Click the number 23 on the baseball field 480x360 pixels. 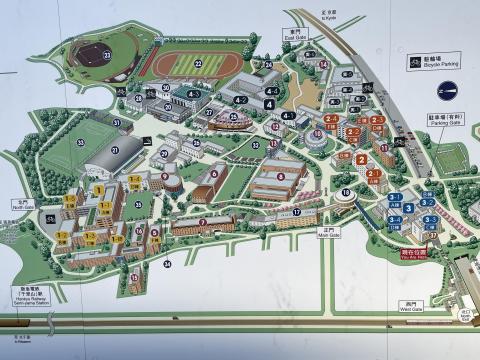(x=106, y=56)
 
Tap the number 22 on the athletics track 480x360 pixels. (x=198, y=64)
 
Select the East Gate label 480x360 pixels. (x=293, y=32)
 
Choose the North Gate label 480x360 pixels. (x=22, y=204)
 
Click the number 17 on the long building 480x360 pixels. (x=297, y=212)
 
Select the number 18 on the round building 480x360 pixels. (x=346, y=192)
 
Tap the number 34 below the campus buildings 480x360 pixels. (x=167, y=264)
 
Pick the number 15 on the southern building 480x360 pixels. (x=135, y=277)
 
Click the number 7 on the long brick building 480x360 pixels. (x=203, y=222)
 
